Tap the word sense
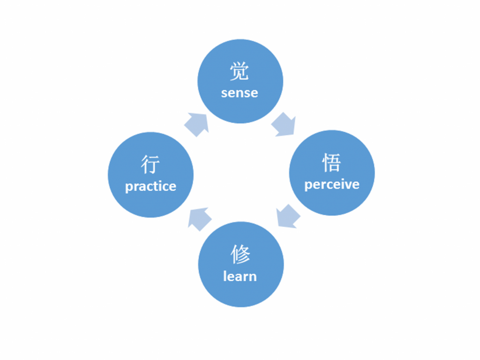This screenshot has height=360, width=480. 240,93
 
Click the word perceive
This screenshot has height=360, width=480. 332,184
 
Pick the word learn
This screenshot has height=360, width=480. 240,276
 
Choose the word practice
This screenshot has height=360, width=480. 150,186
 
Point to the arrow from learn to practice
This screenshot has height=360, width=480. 199,218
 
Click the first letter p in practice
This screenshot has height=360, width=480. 129,187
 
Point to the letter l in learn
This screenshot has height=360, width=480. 225,276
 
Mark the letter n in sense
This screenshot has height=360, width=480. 240,93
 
